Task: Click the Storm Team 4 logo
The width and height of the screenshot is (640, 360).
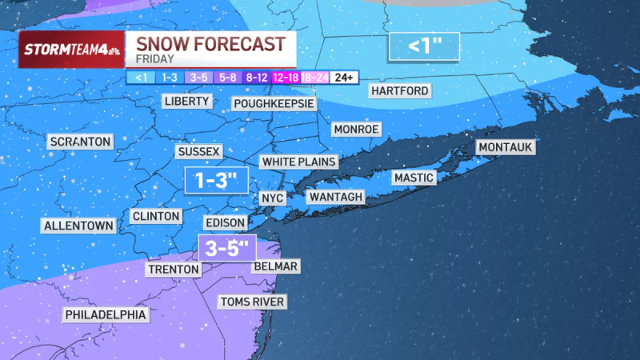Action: point(71,50)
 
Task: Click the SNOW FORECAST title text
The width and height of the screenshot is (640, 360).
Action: point(210,43)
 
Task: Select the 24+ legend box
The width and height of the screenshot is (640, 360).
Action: point(344,77)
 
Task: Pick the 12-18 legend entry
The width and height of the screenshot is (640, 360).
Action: point(286,77)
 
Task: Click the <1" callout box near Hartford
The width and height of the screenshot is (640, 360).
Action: point(425,46)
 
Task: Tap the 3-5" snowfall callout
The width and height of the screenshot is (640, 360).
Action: point(226,247)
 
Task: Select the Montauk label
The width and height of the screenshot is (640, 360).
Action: point(506,147)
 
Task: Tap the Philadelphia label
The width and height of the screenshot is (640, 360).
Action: point(106,314)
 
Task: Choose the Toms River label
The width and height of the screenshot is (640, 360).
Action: point(253,302)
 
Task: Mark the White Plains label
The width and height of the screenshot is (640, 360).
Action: point(298,162)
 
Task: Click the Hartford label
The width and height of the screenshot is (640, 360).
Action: point(399,90)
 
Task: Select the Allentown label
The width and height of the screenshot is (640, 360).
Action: point(78,226)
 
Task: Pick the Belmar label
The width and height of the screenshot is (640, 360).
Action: point(275,266)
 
